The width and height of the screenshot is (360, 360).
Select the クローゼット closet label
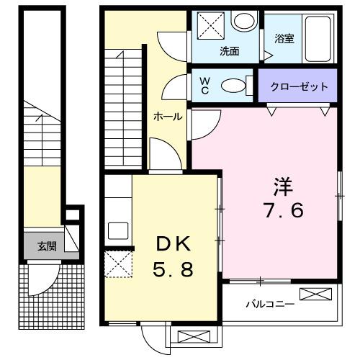coord(299,87)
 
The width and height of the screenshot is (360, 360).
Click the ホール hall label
coord(167,117)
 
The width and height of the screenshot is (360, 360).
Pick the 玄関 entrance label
coord(47,246)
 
